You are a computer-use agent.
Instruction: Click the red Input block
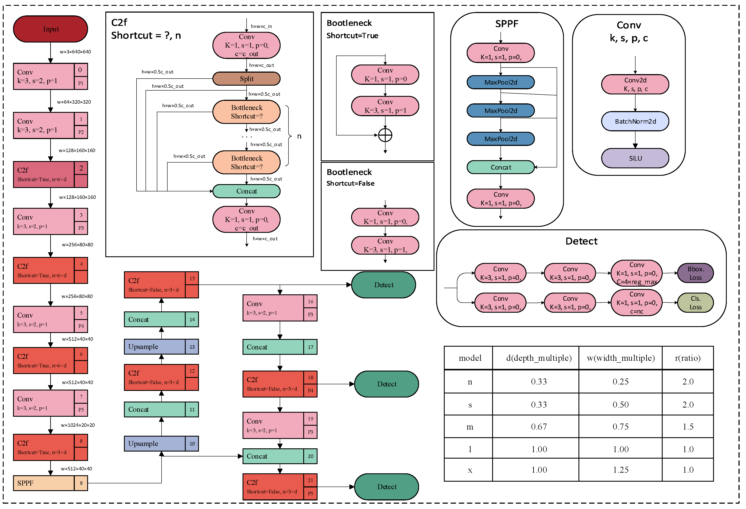[x=50, y=29]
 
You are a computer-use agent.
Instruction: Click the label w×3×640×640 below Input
[x=75, y=52]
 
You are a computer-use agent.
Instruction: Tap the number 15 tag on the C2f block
[x=192, y=278]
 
